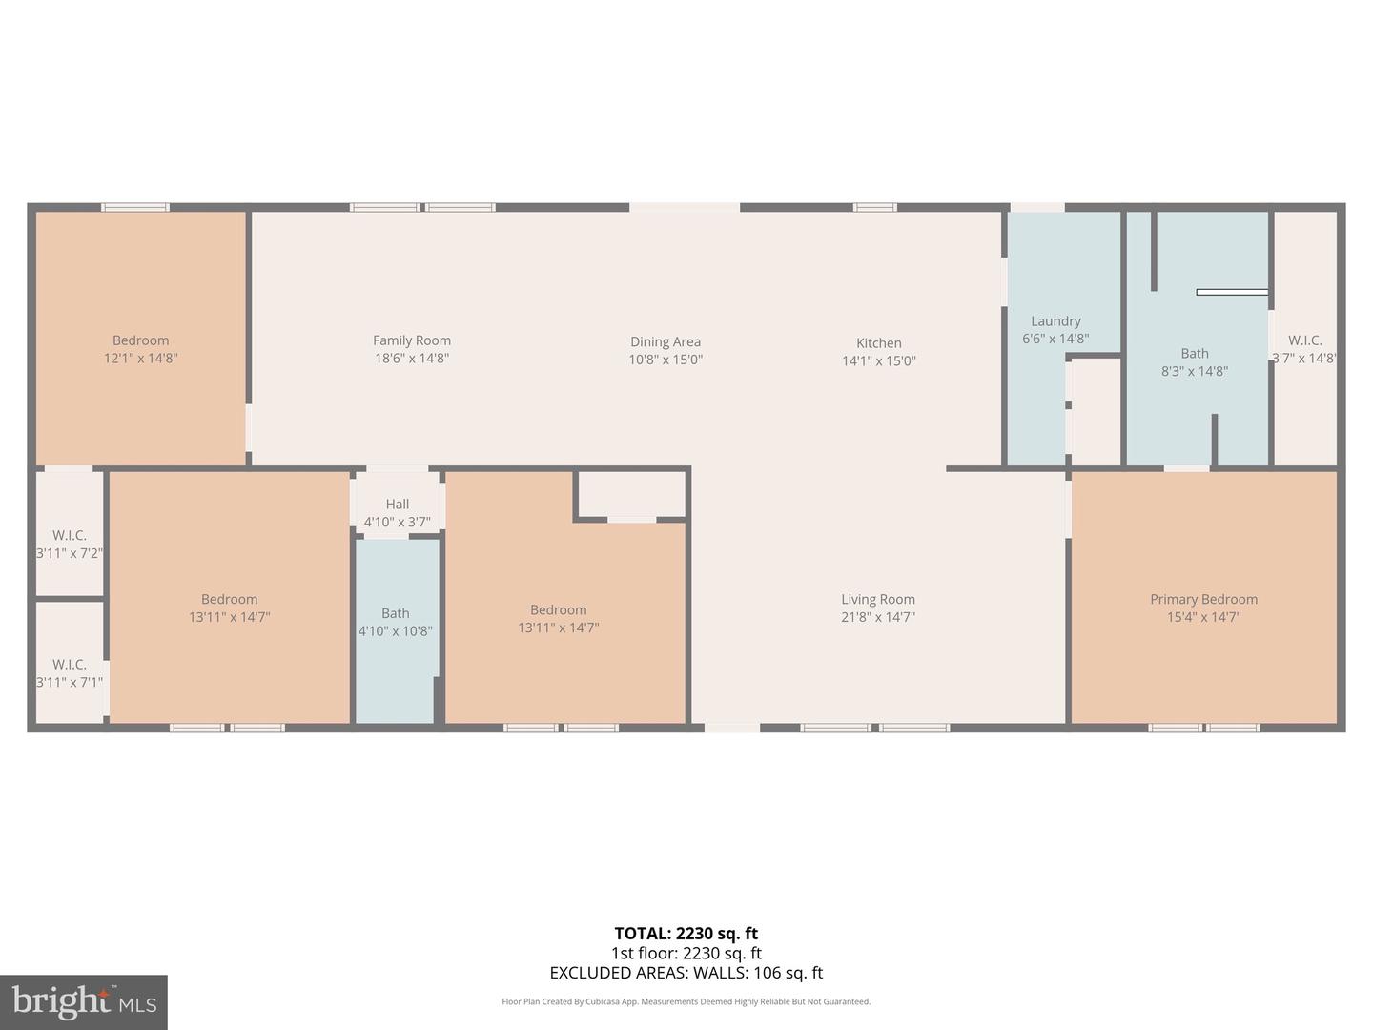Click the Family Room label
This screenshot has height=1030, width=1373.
coord(411,340)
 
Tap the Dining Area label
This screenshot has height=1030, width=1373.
coord(665,341)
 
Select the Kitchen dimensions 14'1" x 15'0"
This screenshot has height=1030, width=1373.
coord(878,360)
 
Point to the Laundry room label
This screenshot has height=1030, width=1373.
coord(1055,321)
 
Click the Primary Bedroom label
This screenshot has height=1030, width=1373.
coord(1203,599)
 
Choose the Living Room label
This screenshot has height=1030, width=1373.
coord(877,599)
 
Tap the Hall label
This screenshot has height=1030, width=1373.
coord(398,504)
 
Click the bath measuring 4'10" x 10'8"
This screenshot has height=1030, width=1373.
coord(395,622)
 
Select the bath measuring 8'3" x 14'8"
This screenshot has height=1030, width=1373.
coord(1194,362)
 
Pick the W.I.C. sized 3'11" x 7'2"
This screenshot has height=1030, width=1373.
coord(70,544)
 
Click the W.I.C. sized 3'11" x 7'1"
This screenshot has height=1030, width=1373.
coord(70,672)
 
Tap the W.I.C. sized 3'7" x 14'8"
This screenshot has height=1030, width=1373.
coord(1304,349)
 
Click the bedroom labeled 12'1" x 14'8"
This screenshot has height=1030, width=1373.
coord(141,349)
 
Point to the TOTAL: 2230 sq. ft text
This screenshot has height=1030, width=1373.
coord(686,934)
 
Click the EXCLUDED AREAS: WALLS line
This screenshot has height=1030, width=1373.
coord(686,973)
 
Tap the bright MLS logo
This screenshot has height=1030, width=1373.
coord(84,1001)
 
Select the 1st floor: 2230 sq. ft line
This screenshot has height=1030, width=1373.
coord(686,953)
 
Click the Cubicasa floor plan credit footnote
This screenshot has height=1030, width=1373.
coord(686,1001)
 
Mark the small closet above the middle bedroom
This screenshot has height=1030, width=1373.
coord(632,494)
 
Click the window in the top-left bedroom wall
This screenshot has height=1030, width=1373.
coord(135,207)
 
